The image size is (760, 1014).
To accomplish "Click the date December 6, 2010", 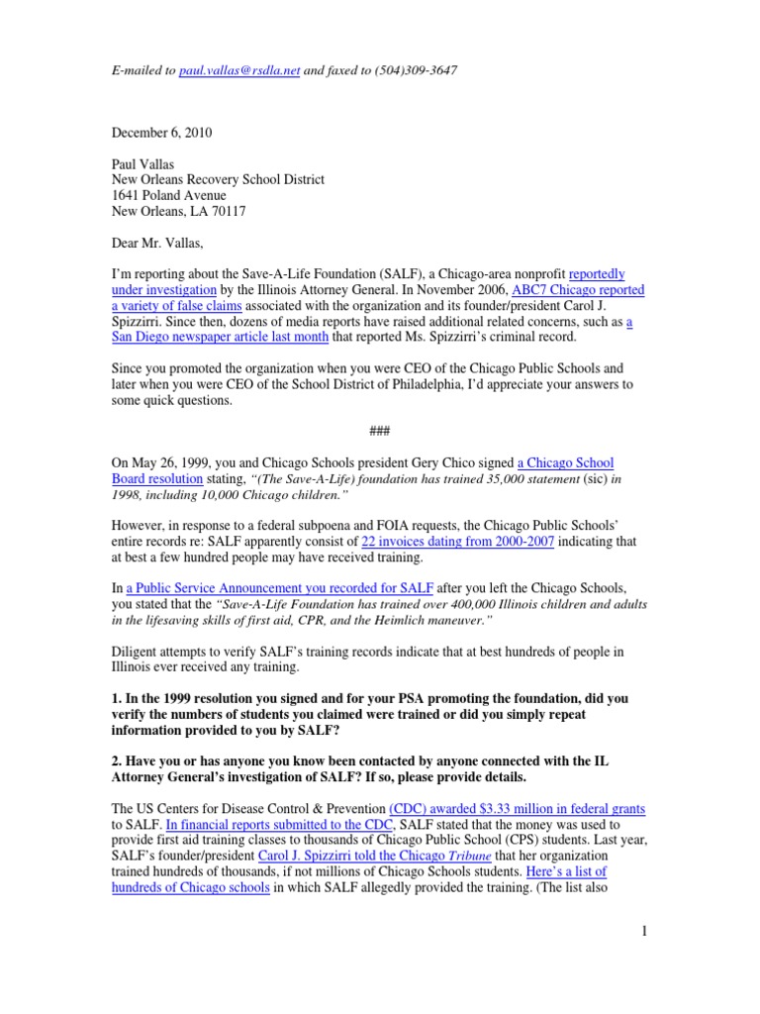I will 160,133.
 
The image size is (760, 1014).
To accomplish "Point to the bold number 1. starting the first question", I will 116,699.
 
